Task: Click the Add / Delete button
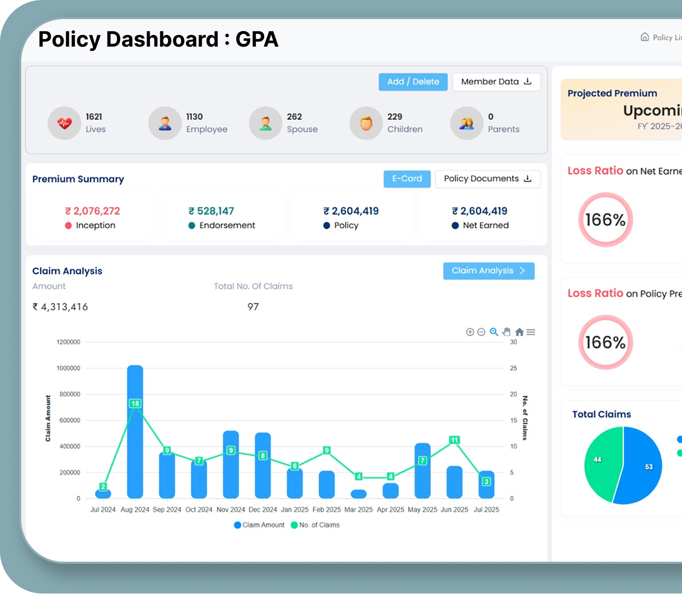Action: (x=413, y=82)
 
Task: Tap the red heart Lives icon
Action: (x=64, y=123)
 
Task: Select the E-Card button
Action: (x=407, y=179)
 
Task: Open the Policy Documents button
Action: (x=487, y=179)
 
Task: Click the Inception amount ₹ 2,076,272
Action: (x=93, y=211)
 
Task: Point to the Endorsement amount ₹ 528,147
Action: (x=211, y=211)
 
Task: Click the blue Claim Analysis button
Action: (x=488, y=271)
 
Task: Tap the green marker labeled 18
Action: (x=135, y=404)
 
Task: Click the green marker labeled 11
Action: (x=454, y=440)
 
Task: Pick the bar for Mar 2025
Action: (x=358, y=494)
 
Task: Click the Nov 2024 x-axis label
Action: (x=230, y=510)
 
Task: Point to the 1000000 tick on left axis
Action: (x=68, y=368)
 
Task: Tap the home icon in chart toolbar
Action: (x=519, y=332)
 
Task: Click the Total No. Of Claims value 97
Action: (x=253, y=307)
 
